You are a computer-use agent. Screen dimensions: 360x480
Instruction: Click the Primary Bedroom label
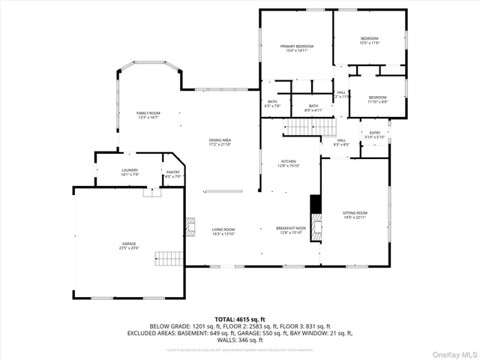(297, 48)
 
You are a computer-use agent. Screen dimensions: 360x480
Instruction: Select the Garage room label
(129, 245)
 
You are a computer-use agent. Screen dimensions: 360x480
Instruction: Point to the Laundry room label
(130, 172)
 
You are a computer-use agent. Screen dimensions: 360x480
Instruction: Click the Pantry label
(173, 174)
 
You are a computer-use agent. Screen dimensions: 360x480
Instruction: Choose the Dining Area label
(220, 142)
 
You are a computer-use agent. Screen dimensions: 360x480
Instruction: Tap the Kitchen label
(289, 163)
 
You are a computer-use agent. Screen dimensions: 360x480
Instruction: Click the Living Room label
(223, 231)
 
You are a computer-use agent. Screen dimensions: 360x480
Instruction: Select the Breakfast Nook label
(291, 229)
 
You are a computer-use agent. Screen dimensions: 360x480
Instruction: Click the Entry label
(374, 134)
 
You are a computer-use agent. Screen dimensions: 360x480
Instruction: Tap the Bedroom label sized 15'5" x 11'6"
(370, 40)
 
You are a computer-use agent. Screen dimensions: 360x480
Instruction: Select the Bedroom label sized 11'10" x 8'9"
(378, 99)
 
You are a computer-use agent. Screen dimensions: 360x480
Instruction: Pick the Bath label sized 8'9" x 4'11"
(313, 108)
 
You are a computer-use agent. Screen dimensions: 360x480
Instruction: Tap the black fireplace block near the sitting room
(316, 204)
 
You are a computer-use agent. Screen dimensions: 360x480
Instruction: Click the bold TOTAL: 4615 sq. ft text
(240, 319)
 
